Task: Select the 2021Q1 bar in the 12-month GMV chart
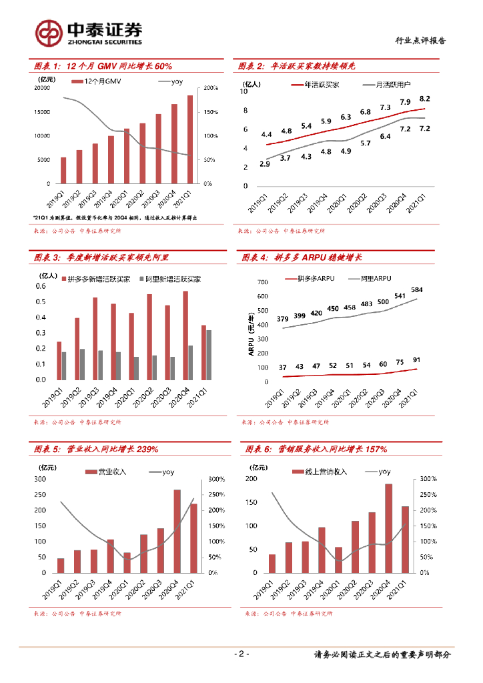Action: (189, 139)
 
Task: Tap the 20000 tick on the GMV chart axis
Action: (41, 88)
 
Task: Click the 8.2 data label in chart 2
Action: (424, 98)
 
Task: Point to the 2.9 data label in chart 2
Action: (265, 163)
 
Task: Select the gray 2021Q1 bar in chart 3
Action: (209, 355)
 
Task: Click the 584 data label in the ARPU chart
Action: (418, 289)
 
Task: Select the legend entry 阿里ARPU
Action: (375, 277)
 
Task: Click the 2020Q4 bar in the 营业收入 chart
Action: (177, 531)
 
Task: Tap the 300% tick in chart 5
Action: (217, 479)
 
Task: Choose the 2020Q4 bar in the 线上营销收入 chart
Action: (388, 528)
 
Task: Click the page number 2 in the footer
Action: (241, 654)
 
